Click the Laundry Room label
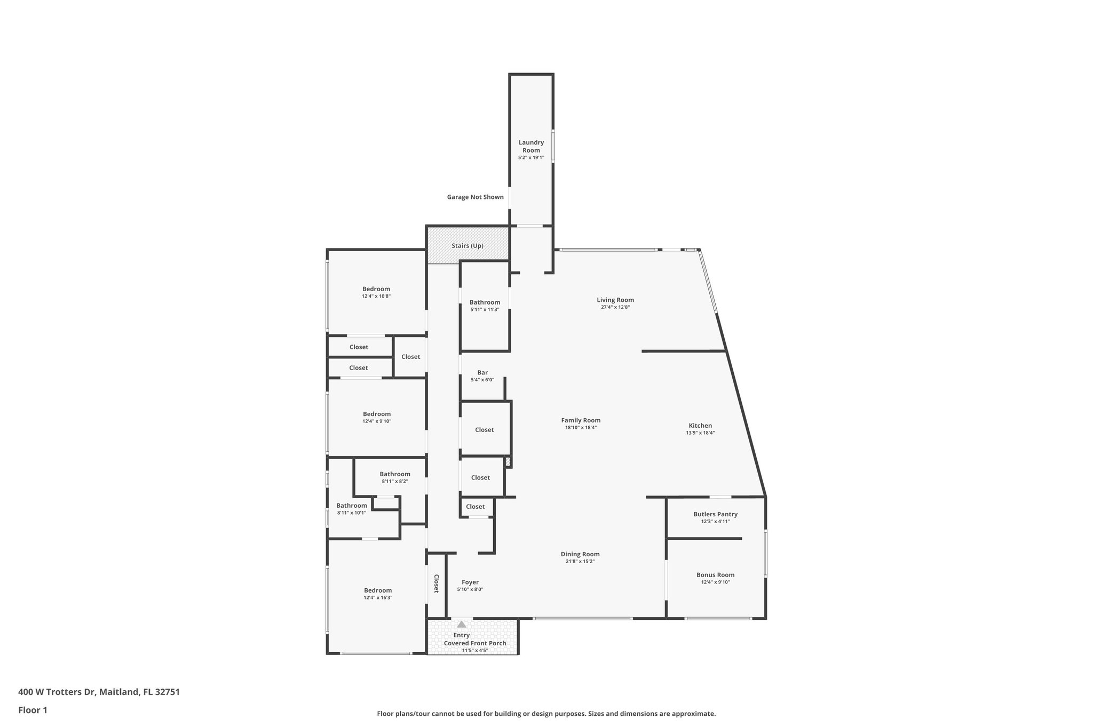coord(531,146)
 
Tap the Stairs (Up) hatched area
coord(468,245)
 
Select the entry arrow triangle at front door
coord(462,625)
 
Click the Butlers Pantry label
coord(715,514)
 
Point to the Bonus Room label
coord(715,575)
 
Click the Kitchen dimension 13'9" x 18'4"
coord(700,433)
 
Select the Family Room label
coord(581,420)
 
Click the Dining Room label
coord(580,554)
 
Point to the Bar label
coord(482,373)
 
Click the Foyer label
coord(470,582)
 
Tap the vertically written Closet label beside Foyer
coord(436,583)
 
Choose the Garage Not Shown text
coord(475,197)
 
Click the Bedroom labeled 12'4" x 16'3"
coord(378,590)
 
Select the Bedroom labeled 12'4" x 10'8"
coord(376,289)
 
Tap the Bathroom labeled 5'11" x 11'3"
coord(485,302)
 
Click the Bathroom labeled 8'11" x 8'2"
coord(395,474)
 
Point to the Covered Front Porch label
coord(475,643)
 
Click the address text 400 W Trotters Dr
coord(57,692)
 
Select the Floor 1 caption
coord(33,710)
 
